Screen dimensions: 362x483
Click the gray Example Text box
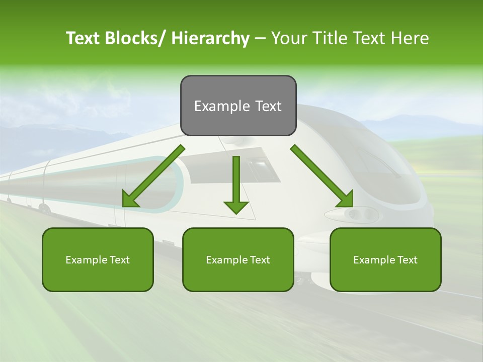[x=238, y=106]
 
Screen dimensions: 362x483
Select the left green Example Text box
[x=98, y=259]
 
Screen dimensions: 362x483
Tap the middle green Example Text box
[x=238, y=259]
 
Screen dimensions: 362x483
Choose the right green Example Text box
[x=385, y=259]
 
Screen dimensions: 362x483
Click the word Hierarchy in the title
[x=210, y=38]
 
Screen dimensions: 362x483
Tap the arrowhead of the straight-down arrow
[x=236, y=207]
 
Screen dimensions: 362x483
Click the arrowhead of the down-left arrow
[x=130, y=200]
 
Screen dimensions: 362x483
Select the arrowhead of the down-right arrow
[x=346, y=199]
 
